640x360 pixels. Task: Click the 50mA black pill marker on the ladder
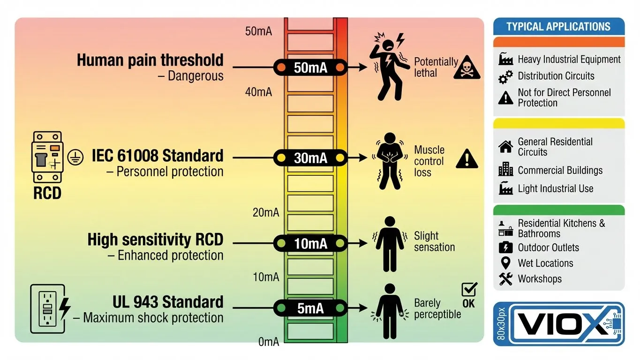point(310,67)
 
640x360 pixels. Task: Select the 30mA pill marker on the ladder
point(310,158)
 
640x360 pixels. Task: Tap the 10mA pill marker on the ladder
point(310,243)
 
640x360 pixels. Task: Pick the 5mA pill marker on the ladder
point(310,308)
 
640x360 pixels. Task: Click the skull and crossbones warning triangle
point(467,68)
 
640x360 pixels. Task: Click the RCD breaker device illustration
point(47,157)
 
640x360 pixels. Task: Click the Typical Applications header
point(558,27)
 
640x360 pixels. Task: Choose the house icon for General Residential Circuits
point(505,147)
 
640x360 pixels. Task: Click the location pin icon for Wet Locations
point(505,263)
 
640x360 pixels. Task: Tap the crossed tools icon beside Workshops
point(505,279)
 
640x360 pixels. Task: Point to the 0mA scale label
point(269,342)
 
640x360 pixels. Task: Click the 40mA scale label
point(258,92)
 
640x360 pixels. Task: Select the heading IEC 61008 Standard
point(158,156)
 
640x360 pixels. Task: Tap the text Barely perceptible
point(437,308)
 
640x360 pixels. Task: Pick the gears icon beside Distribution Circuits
point(505,77)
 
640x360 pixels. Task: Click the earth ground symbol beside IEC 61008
point(73,157)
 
